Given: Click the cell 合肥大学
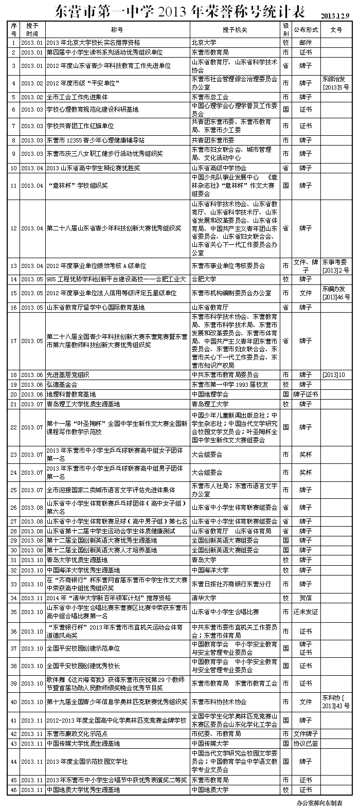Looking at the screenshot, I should point(204,279).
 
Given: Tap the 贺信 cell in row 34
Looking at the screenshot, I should point(305,598).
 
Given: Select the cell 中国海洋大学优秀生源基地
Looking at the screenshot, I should point(83,570).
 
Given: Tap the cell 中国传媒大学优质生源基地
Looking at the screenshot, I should point(83,744).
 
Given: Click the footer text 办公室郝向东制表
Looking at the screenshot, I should point(323,802).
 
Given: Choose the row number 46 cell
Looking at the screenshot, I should point(13,789).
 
